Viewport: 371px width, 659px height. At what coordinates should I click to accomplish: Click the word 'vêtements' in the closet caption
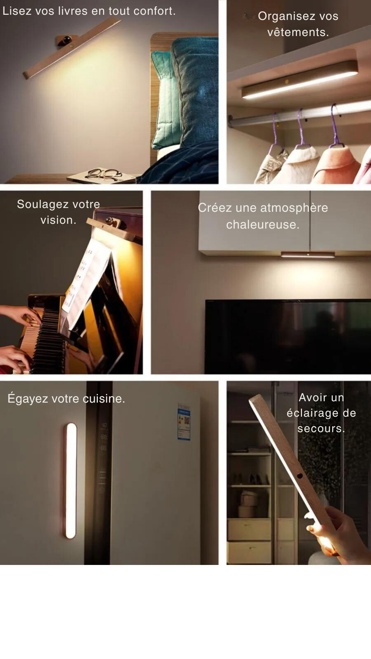coord(298,32)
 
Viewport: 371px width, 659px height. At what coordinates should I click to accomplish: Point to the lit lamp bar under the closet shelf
coord(300,80)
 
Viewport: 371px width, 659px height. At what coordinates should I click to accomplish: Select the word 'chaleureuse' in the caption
coord(262,224)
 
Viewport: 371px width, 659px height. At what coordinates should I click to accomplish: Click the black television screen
coord(288,336)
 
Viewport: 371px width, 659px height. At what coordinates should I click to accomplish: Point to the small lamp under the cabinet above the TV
coord(308,255)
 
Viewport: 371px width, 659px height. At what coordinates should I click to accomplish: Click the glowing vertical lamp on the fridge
coord(70,480)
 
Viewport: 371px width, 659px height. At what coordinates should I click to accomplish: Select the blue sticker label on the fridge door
coord(184,421)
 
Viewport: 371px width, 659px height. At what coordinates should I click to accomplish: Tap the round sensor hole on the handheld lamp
coord(300,476)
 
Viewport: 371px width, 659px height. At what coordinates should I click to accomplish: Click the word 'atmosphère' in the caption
coord(294,208)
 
